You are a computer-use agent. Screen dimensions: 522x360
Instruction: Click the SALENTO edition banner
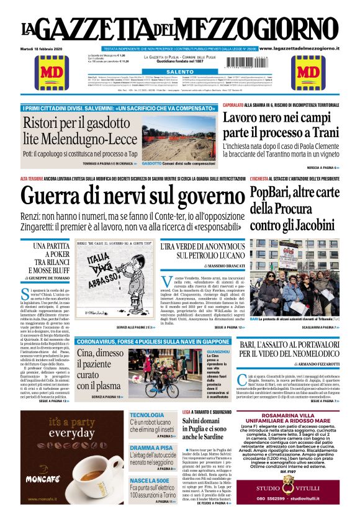(x=179, y=72)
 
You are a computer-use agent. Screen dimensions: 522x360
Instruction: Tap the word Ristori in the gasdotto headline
(x=42, y=122)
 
